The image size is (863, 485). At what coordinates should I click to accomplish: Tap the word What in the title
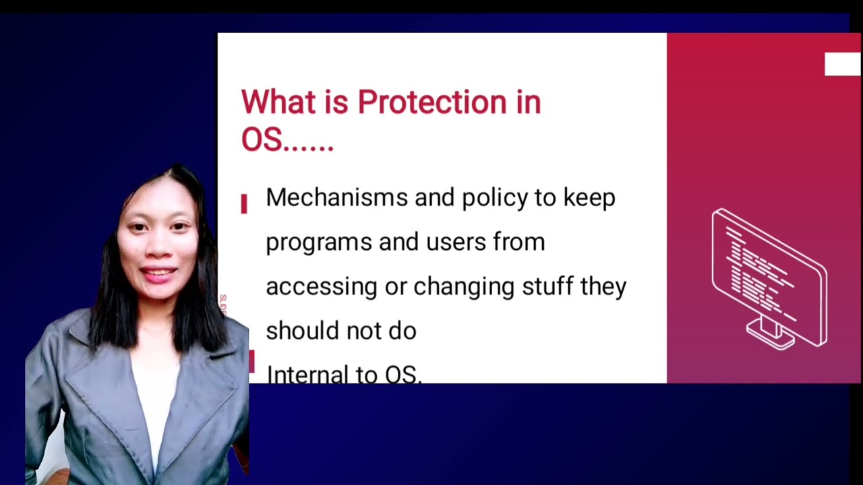(x=278, y=103)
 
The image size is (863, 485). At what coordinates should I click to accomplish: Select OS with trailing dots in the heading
(x=287, y=141)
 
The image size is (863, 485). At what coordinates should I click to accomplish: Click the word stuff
(x=547, y=286)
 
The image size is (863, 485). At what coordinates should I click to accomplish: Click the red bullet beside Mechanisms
(x=244, y=203)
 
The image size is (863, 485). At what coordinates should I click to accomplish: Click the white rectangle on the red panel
(x=842, y=65)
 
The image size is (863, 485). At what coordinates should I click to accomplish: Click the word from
(x=518, y=242)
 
